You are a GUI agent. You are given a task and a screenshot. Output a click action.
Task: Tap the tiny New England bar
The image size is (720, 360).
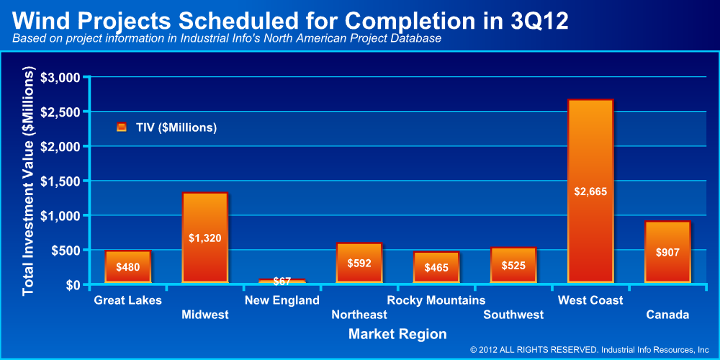pos(282,281)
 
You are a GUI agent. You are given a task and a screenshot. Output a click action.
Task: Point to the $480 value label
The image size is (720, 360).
pos(128,268)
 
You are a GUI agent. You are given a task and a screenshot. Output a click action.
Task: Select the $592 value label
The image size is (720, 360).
pos(359,264)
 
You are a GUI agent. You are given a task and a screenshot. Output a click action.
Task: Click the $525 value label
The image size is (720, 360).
pos(513,266)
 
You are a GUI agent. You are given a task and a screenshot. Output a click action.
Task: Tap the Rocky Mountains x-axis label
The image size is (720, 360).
pos(436,300)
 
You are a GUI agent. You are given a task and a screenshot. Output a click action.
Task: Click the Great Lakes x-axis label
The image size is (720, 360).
pos(128,300)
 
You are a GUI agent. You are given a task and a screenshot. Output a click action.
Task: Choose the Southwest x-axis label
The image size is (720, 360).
pos(513,315)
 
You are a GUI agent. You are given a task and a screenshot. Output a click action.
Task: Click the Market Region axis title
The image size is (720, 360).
pos(397,334)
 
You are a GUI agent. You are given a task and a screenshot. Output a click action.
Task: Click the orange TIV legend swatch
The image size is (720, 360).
pos(122,127)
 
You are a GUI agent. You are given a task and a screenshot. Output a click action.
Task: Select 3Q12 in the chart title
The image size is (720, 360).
pos(536,20)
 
